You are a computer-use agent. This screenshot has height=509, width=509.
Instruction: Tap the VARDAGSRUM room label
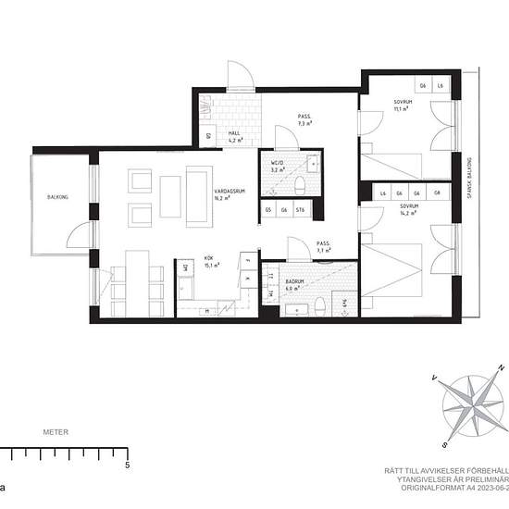[216, 192]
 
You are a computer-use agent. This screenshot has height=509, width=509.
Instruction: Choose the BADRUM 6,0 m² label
[295, 284]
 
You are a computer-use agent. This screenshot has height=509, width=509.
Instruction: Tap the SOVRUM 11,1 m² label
[402, 105]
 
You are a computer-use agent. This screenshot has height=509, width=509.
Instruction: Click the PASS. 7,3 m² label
[304, 119]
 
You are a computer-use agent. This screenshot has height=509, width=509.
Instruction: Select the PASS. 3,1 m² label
[323, 247]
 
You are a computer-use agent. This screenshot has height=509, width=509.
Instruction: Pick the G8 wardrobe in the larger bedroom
[437, 192]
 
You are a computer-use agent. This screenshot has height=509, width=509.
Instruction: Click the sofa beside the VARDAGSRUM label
[198, 193]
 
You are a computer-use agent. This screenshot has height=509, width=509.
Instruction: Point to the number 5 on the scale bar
[126, 466]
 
